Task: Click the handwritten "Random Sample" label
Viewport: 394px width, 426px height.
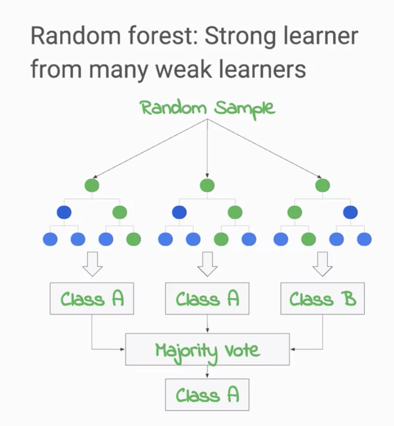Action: [207, 107]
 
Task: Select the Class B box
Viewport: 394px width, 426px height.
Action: [323, 299]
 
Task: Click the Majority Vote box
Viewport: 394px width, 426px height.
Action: [207, 350]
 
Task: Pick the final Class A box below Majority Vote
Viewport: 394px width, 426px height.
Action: [207, 395]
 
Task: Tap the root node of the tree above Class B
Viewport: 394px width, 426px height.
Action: [322, 185]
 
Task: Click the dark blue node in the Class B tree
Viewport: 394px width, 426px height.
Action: [350, 212]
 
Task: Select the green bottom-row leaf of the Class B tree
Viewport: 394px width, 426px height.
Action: [308, 239]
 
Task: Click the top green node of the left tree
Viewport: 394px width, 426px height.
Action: [92, 185]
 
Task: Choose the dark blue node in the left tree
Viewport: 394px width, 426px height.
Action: [64, 212]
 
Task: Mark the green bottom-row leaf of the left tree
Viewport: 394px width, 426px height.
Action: [134, 239]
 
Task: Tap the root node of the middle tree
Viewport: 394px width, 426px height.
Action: [207, 185]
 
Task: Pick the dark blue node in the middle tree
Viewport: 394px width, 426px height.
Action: [179, 212]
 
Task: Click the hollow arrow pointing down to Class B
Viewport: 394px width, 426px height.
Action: [322, 263]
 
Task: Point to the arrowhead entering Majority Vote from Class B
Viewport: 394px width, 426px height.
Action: [292, 349]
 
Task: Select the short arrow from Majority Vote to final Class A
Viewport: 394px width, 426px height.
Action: [207, 372]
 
